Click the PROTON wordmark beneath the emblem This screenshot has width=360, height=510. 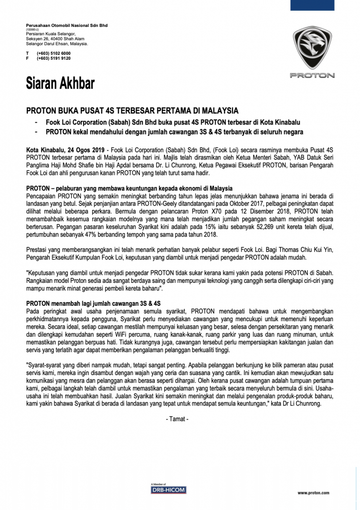point(312,76)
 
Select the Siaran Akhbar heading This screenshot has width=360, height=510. point(60,83)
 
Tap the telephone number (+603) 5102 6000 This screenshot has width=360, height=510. point(53,53)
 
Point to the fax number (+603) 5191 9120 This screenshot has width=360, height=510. point(53,58)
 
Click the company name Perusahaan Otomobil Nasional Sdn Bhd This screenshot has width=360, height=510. point(66,25)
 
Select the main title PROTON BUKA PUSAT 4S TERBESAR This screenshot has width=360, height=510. point(132,111)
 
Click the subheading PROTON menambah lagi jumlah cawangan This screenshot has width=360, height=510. point(93,303)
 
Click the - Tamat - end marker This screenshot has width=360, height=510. point(177,419)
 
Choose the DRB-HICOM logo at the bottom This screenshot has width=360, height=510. point(168,489)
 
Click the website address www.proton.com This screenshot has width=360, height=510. point(313,493)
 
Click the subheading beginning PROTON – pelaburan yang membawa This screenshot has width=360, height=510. point(129,189)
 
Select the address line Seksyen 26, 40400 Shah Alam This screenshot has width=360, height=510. point(55,39)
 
